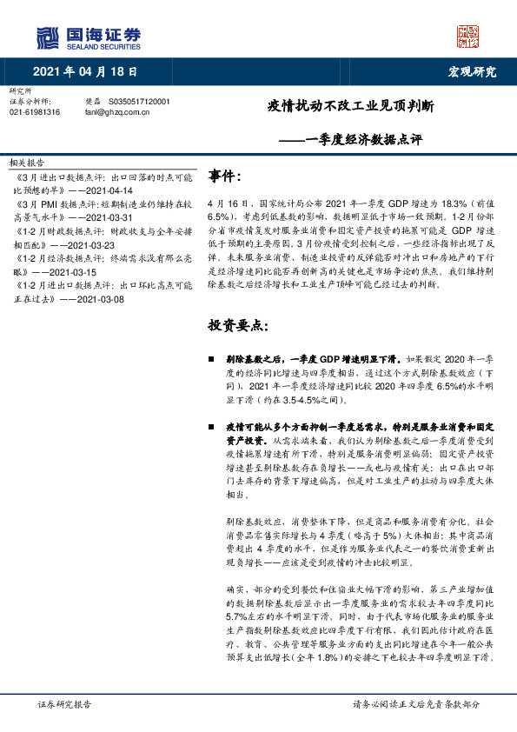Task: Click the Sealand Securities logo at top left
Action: (x=88, y=37)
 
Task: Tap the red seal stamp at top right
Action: (x=467, y=37)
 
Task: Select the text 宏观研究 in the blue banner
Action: (x=471, y=71)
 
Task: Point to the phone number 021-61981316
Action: (x=35, y=111)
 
